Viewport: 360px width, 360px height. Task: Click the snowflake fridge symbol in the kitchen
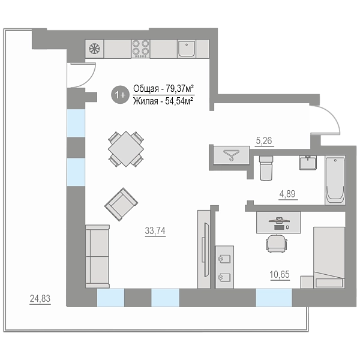(x=94, y=49)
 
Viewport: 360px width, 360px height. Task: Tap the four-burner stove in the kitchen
(x=140, y=49)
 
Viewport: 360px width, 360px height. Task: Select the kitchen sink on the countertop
(x=187, y=48)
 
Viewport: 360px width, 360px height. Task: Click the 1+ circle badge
(x=121, y=95)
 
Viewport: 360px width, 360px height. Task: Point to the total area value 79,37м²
(x=179, y=88)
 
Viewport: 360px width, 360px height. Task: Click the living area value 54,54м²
(x=179, y=101)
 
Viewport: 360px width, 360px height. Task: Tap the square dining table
(x=126, y=149)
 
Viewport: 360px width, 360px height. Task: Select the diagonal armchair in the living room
(x=121, y=205)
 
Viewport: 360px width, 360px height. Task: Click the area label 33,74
(x=155, y=230)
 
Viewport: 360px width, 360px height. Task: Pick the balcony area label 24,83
(x=40, y=298)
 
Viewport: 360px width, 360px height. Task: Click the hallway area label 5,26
(x=264, y=140)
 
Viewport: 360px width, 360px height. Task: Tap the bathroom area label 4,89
(x=287, y=194)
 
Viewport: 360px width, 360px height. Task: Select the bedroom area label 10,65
(x=280, y=274)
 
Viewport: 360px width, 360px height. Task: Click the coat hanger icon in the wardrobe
(x=232, y=154)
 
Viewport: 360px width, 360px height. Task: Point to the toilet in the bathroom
(x=266, y=168)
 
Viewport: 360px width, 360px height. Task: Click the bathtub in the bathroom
(x=335, y=180)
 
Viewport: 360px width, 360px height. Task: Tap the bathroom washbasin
(x=308, y=163)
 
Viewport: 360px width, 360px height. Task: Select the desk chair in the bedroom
(x=277, y=244)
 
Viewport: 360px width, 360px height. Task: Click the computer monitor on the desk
(x=279, y=220)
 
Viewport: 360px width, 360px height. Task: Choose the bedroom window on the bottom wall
(x=274, y=298)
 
